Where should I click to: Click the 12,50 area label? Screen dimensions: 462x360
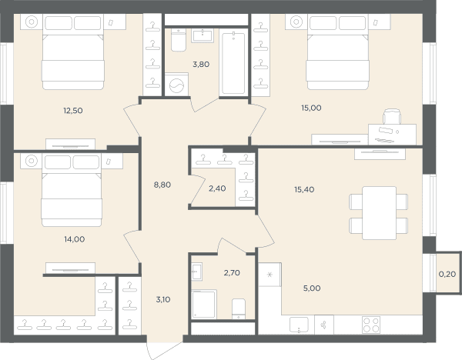coord(73,111)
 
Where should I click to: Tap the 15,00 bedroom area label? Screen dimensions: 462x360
coord(311,108)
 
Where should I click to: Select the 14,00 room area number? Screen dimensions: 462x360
coord(75,239)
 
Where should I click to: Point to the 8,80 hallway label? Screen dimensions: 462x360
coord(162,185)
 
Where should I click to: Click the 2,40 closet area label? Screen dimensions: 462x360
coord(217,188)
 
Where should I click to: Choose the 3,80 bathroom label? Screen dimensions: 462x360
coord(201,64)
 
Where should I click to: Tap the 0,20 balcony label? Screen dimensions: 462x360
coord(447,275)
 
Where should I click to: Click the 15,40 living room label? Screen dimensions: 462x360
coord(304,189)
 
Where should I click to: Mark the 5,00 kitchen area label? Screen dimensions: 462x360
coord(312,288)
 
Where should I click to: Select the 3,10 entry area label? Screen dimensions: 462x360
coord(163,300)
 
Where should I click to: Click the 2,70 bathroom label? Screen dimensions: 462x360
coord(232,273)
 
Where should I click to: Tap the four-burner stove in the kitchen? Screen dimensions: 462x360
coord(371,325)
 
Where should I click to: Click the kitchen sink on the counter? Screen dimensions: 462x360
coord(299,325)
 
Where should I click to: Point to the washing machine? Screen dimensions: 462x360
coord(176,85)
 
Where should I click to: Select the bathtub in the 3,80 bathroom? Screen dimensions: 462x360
coord(233,64)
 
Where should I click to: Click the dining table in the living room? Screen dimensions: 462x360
coord(379,213)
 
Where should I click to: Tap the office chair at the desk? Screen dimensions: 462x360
coord(392,117)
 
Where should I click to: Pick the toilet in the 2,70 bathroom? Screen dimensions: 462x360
coord(239,308)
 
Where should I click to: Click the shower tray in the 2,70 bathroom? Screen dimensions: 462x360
coord(204,304)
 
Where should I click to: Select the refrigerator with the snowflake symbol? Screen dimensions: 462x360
coord(270,275)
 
